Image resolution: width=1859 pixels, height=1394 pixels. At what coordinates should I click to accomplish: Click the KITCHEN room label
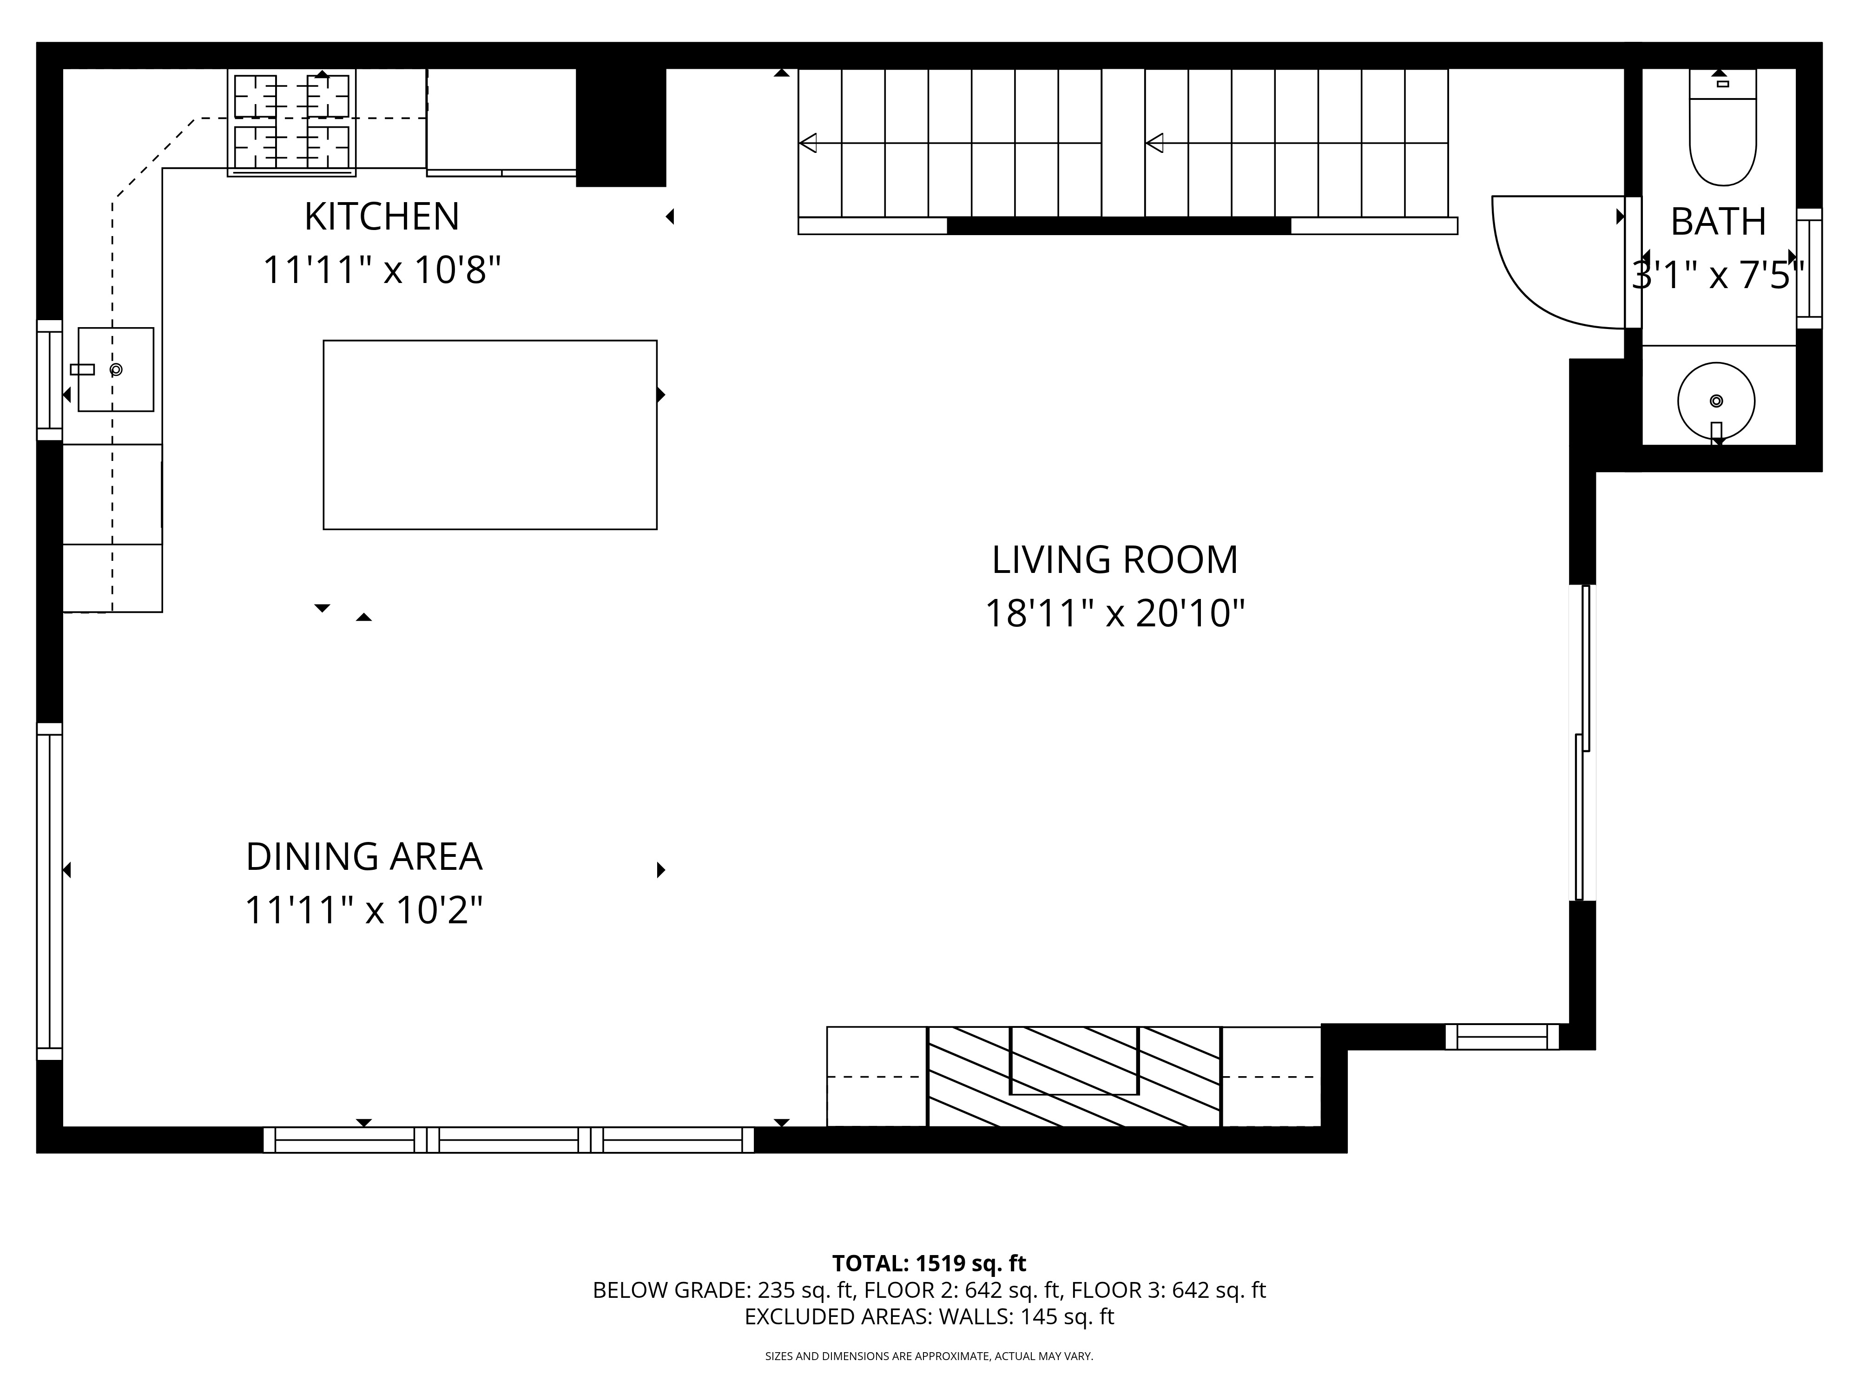point(382,217)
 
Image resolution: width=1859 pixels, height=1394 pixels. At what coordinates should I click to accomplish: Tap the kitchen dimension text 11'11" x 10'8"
point(382,270)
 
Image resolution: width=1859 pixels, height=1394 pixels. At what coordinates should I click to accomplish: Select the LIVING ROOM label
point(1114,560)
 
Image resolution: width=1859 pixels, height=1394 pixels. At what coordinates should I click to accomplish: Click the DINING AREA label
point(364,857)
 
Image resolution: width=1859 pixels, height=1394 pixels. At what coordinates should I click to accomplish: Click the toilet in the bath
point(1723,134)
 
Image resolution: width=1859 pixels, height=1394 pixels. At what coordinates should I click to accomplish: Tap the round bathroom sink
point(1716,401)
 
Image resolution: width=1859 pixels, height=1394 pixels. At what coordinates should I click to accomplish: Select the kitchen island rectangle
point(490,434)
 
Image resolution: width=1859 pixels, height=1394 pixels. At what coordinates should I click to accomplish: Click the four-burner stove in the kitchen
point(291,122)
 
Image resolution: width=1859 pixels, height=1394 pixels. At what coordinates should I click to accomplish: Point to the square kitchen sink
point(116,370)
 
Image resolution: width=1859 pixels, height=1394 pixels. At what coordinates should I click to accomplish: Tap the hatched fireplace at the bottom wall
point(1073,1076)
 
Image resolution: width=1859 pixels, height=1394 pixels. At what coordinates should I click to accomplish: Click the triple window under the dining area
point(508,1140)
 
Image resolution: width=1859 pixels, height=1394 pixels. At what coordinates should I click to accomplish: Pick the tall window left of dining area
point(50,891)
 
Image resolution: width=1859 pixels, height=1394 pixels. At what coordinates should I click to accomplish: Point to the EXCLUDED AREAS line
point(929,1317)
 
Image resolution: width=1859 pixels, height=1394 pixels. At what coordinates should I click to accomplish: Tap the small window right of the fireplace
point(1502,1037)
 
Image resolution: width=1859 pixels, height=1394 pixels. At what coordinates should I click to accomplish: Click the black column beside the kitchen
point(621,126)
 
